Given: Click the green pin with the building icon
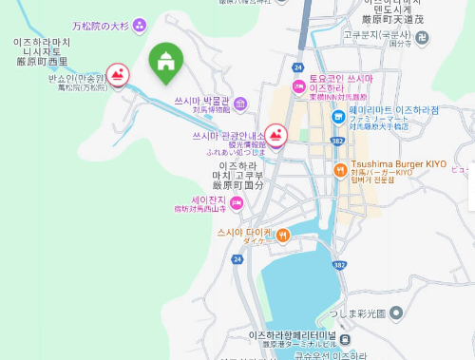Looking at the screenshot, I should point(166,63).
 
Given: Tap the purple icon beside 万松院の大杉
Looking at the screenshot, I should point(141,24).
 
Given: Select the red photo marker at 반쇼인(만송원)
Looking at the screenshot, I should point(118,74).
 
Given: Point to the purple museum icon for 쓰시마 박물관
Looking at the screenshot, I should point(239,103).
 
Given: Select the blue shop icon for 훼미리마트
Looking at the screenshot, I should point(338,117).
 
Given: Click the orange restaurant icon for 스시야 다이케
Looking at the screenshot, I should point(282,233).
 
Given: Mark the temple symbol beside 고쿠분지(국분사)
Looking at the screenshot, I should point(421,37).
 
